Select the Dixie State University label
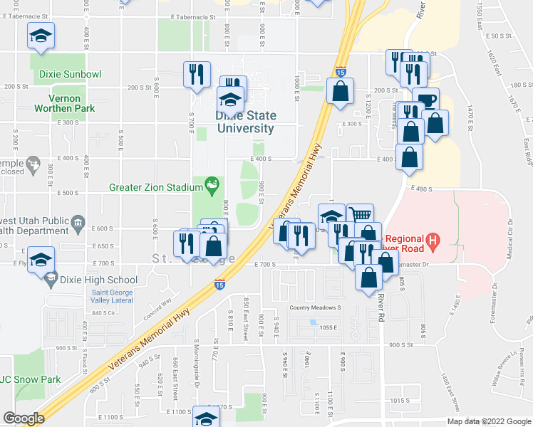point(245,122)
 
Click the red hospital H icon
point(432,243)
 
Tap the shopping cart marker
point(361,216)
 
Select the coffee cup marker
point(426,100)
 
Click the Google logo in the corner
point(24,418)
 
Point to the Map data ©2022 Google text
point(488,421)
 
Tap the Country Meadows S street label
point(316,308)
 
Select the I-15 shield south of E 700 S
point(220,285)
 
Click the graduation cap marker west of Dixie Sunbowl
point(41,36)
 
